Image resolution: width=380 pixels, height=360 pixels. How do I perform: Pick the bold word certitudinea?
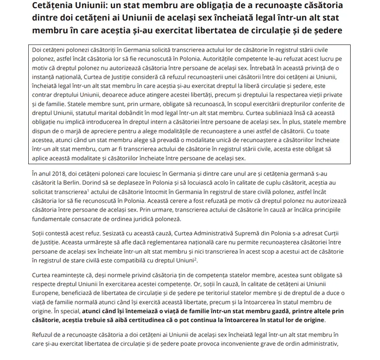pyautogui.click(x=143, y=320)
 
